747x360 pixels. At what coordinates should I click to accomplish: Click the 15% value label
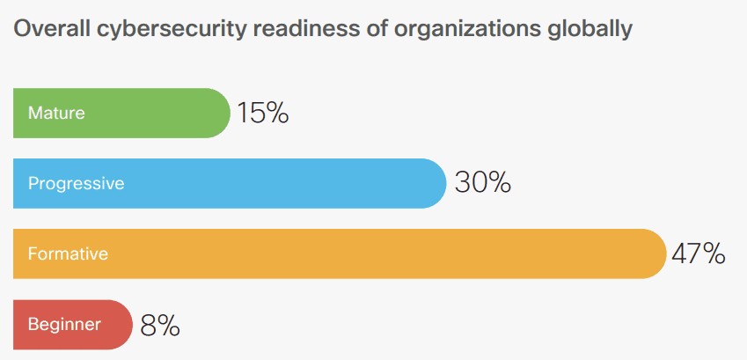click(x=262, y=113)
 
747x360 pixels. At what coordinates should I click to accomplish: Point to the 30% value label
click(x=482, y=183)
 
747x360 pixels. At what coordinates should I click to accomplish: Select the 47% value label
click(x=698, y=253)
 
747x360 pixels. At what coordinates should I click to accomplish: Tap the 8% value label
click(x=160, y=325)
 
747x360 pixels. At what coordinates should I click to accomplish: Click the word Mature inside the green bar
click(x=56, y=113)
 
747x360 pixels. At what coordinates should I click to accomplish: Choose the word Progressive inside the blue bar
click(x=76, y=184)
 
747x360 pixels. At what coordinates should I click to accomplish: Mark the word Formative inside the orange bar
click(x=68, y=254)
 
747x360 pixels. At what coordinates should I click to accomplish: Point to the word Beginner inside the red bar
click(x=64, y=325)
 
